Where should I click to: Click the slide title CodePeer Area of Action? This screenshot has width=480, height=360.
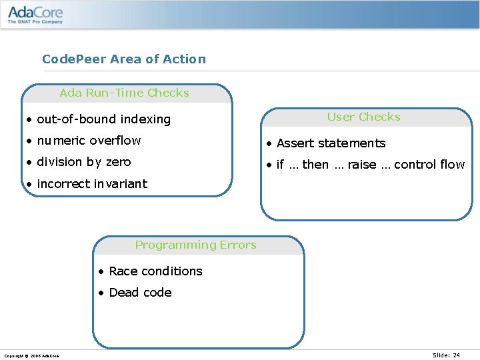click(x=124, y=59)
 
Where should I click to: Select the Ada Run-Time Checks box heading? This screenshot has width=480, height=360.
click(x=125, y=93)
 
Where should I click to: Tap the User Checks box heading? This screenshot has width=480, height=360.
click(x=363, y=117)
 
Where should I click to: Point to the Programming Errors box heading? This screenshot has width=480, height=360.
click(x=195, y=245)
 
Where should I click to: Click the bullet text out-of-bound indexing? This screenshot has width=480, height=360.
click(x=103, y=119)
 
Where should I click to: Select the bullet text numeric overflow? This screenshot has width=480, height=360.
click(x=89, y=141)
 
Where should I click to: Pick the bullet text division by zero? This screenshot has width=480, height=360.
click(x=83, y=162)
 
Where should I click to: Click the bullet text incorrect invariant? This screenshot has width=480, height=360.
click(x=92, y=184)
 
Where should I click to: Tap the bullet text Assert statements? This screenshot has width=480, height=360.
click(x=331, y=143)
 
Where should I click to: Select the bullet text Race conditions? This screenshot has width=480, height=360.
click(x=155, y=271)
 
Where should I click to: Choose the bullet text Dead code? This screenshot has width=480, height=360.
click(x=140, y=293)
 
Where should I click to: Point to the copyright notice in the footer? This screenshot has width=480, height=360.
click(x=31, y=356)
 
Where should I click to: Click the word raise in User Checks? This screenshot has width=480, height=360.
click(x=362, y=165)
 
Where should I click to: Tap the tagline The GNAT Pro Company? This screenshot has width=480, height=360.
click(x=35, y=22)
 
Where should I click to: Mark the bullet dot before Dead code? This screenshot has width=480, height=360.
click(x=100, y=293)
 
